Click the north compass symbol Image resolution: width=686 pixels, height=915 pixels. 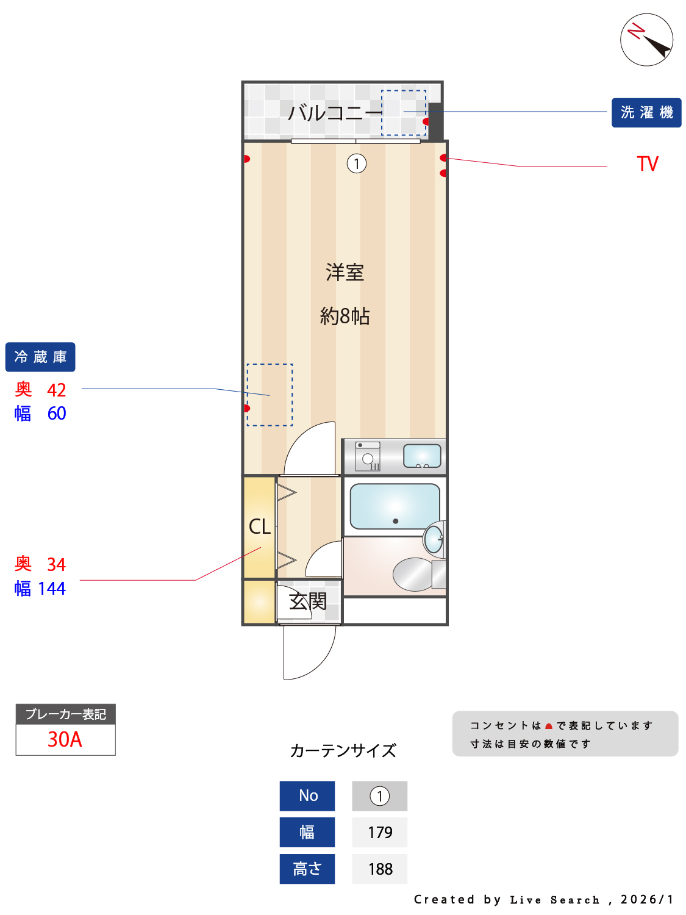(646, 40)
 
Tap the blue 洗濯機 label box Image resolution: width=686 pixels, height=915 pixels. (646, 113)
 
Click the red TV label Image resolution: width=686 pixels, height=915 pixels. (648, 164)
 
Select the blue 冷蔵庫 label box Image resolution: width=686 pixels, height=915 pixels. (40, 357)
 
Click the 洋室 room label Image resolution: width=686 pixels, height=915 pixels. (345, 272)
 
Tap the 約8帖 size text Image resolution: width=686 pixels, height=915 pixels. (345, 316)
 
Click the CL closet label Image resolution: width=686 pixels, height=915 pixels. (260, 526)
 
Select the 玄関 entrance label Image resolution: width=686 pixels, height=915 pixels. (308, 601)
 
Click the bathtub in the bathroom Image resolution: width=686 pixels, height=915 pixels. (395, 506)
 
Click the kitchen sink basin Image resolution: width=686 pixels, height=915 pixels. (422, 455)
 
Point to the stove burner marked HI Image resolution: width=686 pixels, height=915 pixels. (368, 459)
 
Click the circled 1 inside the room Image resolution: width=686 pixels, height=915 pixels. (357, 163)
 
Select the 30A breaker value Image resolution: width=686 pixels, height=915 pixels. (65, 739)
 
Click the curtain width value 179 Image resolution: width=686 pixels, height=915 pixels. (380, 833)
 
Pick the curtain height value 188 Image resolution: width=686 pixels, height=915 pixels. (380, 869)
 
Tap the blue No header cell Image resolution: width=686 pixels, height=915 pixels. (307, 796)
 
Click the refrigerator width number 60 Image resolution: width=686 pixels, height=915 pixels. (57, 414)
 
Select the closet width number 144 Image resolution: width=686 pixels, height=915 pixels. (52, 589)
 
